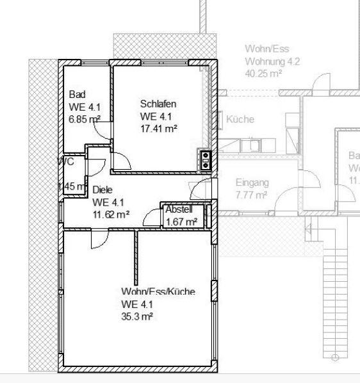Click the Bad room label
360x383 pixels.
(x=77, y=94)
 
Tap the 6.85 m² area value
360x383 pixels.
(x=84, y=119)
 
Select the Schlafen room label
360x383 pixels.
(x=158, y=104)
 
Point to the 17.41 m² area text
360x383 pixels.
(x=158, y=128)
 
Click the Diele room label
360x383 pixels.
(x=102, y=190)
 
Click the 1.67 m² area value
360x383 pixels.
(x=181, y=222)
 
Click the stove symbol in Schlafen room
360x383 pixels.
(x=206, y=159)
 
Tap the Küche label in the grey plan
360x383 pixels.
(x=240, y=120)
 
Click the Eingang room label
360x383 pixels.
(x=252, y=183)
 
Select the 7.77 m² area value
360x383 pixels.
(x=251, y=195)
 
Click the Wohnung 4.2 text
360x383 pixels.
(x=272, y=61)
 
